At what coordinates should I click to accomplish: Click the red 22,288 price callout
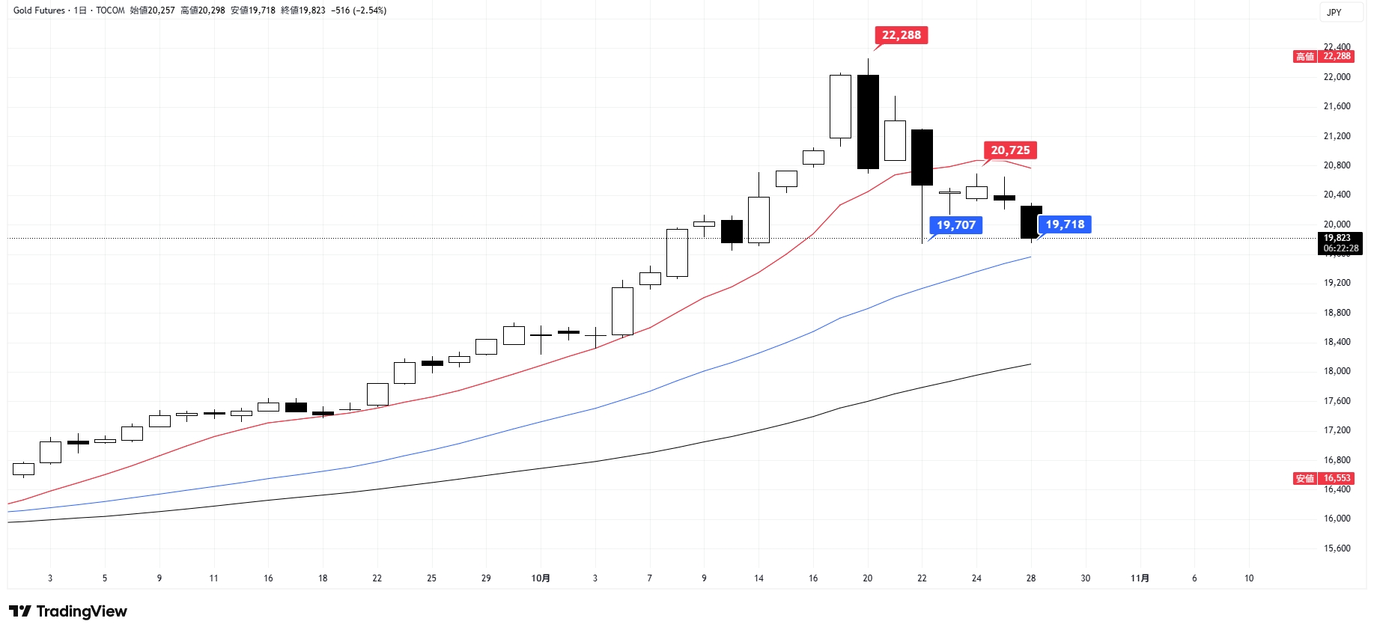coord(901,35)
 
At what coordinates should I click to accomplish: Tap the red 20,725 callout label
coord(1010,150)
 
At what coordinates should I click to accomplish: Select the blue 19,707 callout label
coord(956,225)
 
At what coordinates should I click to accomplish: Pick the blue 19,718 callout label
coord(1065,224)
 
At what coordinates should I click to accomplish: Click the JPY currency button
coord(1334,12)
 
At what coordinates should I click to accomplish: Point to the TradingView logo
coord(68,611)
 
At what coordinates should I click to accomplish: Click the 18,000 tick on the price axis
coord(1337,371)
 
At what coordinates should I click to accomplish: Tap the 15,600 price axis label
coord(1337,548)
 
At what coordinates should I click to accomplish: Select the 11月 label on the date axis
coord(1140,578)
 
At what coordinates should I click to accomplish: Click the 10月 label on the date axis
coord(541,578)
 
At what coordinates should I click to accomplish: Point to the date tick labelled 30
coord(1086,578)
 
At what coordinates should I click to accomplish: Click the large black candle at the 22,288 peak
coord(868,122)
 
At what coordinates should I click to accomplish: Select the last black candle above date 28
coord(1031,222)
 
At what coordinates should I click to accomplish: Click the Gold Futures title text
coord(39,10)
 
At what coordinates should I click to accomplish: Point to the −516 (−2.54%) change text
coord(359,10)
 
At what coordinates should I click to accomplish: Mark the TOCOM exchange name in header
coord(110,10)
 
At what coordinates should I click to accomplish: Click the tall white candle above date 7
coord(622,311)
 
